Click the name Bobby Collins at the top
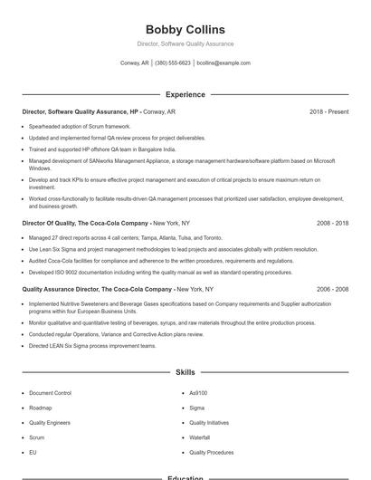pyautogui.click(x=185, y=30)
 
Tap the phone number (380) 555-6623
pyautogui.click(x=173, y=63)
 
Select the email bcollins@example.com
pyautogui.click(x=224, y=63)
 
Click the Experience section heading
pyautogui.click(x=185, y=94)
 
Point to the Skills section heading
pyautogui.click(x=185, y=372)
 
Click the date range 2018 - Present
pyautogui.click(x=328, y=111)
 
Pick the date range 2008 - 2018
pyautogui.click(x=332, y=222)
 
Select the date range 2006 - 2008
pyautogui.click(x=332, y=289)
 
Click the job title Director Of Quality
pyautogui.click(x=49, y=222)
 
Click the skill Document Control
pyautogui.click(x=50, y=393)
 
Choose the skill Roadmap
pyautogui.click(x=40, y=408)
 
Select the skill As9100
pyautogui.click(x=198, y=393)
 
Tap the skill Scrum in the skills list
pyautogui.click(x=36, y=437)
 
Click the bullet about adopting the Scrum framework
pyautogui.click(x=80, y=126)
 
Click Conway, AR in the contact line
pyautogui.click(x=135, y=63)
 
